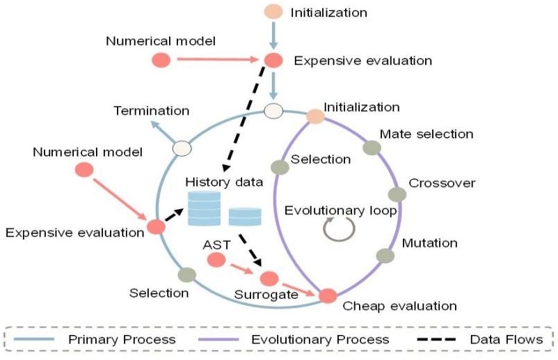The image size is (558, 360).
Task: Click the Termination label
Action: pyautogui.click(x=151, y=111)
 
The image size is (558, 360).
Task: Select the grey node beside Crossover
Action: pyautogui.click(x=397, y=194)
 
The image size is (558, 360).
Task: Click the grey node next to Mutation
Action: pyautogui.click(x=385, y=255)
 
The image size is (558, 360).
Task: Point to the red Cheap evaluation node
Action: pyautogui.click(x=327, y=296)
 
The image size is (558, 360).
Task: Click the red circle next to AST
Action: pyautogui.click(x=217, y=260)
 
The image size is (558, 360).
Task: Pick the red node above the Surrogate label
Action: pyautogui.click(x=269, y=279)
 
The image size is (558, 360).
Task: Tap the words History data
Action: pyautogui.click(x=224, y=182)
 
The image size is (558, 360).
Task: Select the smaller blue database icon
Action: pyautogui.click(x=245, y=218)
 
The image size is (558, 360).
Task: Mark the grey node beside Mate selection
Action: pyautogui.click(x=372, y=148)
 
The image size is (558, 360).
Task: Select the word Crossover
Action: pyautogui.click(x=442, y=183)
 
